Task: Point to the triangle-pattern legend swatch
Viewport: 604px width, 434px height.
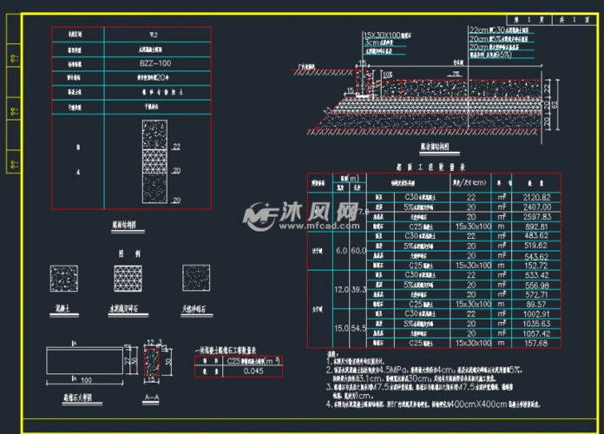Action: pos(128,278)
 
